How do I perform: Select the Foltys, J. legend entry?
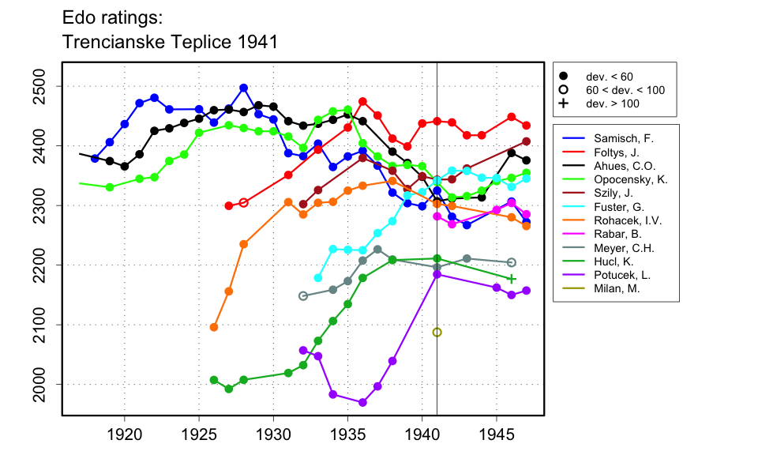point(616,152)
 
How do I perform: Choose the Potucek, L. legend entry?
point(620,276)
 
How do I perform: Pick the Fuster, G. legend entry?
point(616,207)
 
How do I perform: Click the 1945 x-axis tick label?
point(497,434)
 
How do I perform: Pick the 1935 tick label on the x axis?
point(347,434)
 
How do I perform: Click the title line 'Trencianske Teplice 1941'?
point(169,41)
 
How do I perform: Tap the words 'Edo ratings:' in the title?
point(114,17)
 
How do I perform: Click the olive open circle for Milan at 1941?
point(437,333)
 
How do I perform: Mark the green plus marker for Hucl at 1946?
point(512,279)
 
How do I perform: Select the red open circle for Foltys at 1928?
point(243,202)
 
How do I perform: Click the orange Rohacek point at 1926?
point(214,327)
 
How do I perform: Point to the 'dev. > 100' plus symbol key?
point(563,103)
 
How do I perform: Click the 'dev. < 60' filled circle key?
point(563,77)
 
